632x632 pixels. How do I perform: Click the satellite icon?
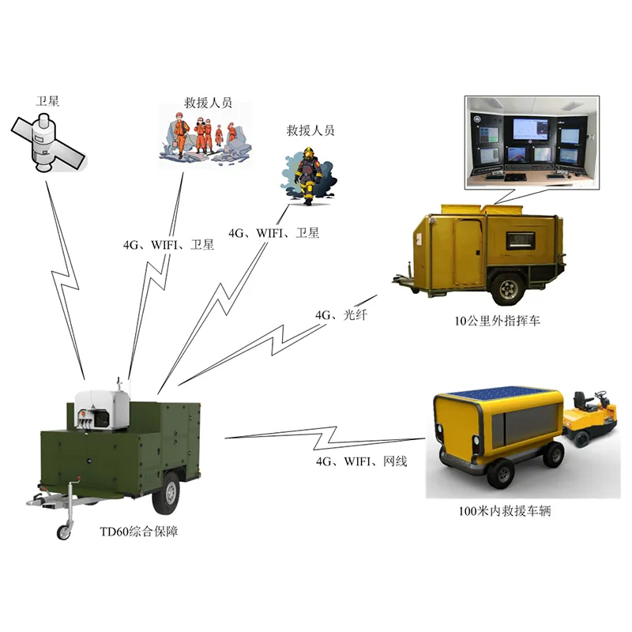click(47, 143)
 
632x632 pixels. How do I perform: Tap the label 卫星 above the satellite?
click(47, 101)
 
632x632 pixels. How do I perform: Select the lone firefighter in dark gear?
click(308, 175)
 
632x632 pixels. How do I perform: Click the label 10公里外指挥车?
click(498, 321)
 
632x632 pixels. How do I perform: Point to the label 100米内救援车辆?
click(505, 511)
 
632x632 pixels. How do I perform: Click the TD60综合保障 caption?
click(139, 532)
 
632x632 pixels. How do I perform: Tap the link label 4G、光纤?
click(341, 314)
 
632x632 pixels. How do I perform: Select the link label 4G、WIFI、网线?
click(362, 461)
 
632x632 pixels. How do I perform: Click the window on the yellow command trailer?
click(521, 240)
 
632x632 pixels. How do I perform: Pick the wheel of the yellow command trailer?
click(507, 288)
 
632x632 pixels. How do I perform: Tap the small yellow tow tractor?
click(590, 417)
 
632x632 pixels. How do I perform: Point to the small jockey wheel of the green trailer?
click(64, 532)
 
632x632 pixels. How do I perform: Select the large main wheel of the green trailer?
click(166, 493)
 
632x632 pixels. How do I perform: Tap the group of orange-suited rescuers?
click(205, 137)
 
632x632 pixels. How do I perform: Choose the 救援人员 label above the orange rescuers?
click(208, 103)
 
